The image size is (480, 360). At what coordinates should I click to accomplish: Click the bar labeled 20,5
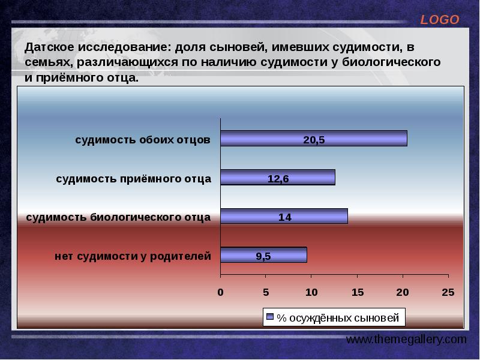point(313,139)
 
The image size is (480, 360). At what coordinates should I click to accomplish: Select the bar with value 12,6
point(277,178)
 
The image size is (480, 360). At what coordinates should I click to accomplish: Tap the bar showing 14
point(284,217)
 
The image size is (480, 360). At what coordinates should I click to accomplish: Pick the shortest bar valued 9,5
point(263,256)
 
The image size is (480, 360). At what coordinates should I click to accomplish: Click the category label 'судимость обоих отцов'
point(143,140)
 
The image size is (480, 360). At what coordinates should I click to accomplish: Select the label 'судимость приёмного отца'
point(134,178)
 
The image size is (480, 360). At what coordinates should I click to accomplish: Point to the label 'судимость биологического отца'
point(118,217)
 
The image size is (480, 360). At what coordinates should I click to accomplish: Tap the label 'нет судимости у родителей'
point(133,256)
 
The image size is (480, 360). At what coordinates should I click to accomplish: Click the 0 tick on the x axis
point(220,292)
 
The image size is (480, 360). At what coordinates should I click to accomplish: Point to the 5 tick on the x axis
point(266,292)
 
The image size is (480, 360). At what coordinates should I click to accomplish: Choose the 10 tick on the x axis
point(311,292)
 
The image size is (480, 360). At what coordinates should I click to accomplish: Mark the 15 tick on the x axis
point(357,292)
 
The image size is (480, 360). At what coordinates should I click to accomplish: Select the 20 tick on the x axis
point(402,292)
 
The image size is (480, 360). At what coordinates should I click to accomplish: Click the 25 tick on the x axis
point(448,292)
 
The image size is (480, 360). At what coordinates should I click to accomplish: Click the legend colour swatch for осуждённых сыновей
point(269,317)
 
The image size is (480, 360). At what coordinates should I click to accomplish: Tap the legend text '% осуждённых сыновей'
point(339,317)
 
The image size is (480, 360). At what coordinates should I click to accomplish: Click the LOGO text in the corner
point(439,20)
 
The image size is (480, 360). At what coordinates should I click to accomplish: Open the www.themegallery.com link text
point(406,340)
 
